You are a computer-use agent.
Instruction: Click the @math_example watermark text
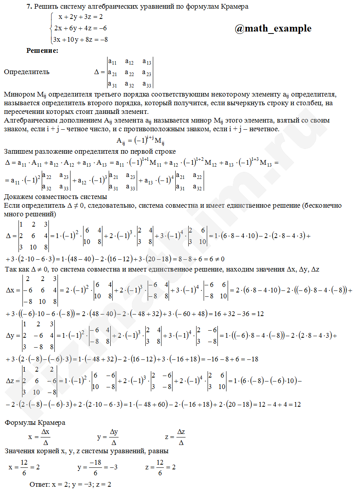[273, 29]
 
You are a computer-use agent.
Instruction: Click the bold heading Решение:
[42, 50]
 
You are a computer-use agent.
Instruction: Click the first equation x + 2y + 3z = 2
[81, 17]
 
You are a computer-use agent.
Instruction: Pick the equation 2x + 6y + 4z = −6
[81, 28]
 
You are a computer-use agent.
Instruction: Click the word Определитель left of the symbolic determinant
[27, 72]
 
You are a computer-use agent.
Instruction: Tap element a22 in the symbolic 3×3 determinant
[129, 73]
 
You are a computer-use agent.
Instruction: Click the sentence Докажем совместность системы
[56, 197]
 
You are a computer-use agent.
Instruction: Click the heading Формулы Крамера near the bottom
[35, 422]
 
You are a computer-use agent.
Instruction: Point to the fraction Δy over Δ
[114, 437]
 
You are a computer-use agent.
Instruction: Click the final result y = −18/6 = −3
[97, 468]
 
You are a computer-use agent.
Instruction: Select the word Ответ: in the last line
[39, 484]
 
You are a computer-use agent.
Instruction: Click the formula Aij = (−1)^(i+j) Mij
[140, 140]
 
